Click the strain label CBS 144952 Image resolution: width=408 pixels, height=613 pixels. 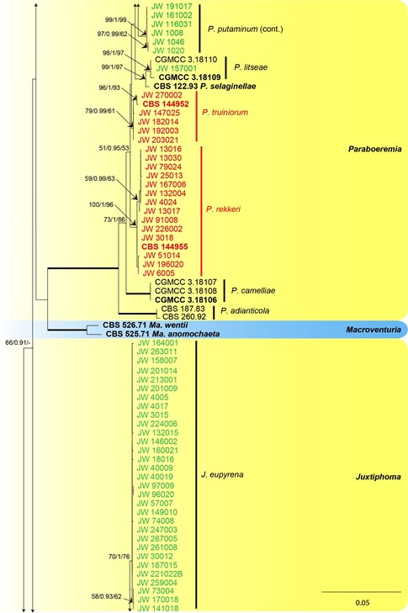click(x=166, y=104)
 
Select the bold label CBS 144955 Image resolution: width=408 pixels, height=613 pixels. click(x=165, y=246)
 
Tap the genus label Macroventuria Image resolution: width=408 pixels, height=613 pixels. click(x=374, y=330)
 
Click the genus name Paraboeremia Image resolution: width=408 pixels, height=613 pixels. click(x=374, y=149)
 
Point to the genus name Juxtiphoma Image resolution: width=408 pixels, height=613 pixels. click(x=378, y=477)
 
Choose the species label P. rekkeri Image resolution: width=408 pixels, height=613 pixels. click(x=223, y=209)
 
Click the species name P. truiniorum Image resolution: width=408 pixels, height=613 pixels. click(x=225, y=113)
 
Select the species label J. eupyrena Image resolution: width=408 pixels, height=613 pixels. click(x=222, y=474)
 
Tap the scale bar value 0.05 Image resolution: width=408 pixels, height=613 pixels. click(x=363, y=602)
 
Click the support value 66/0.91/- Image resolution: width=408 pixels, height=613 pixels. click(x=13, y=343)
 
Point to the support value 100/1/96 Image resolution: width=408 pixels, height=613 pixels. click(x=101, y=204)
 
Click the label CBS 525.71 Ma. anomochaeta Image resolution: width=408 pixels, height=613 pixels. click(x=162, y=334)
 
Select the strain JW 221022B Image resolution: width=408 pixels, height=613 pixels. click(x=160, y=574)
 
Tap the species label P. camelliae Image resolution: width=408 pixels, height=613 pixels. click(x=253, y=290)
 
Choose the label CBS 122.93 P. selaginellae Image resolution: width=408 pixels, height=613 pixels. click(x=205, y=86)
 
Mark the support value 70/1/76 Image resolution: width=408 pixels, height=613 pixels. click(x=119, y=557)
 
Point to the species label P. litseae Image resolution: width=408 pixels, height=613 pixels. click(x=251, y=67)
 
